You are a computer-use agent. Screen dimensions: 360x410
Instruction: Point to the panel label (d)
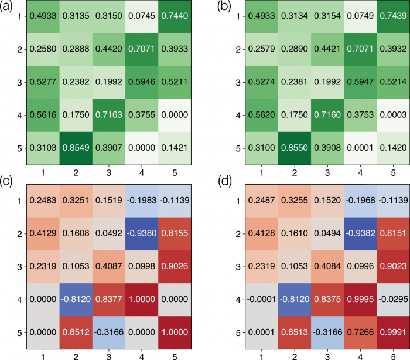click(x=214, y=187)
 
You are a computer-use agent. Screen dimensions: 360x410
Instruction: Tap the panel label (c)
click(x=8, y=187)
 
